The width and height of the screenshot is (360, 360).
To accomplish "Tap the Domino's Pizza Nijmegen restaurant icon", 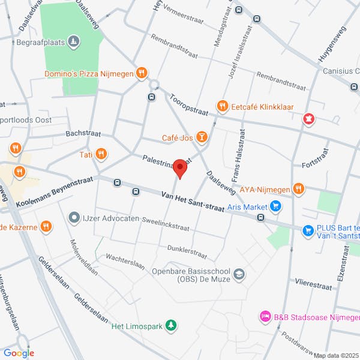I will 142,74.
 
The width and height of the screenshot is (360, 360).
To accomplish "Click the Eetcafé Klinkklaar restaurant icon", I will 222,106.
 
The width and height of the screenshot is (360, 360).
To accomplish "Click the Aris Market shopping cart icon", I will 276,207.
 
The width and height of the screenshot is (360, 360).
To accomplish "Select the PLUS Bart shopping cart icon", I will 308,230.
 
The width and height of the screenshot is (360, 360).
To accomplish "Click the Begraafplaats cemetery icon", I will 73,41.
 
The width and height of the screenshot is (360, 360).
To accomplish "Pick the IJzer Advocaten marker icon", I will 74,217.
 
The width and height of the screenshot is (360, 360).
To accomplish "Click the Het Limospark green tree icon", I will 172,326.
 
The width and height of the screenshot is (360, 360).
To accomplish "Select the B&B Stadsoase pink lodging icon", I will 264,316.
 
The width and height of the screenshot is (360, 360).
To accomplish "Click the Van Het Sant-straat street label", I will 193,202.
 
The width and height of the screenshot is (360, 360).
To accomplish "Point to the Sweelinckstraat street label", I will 165,224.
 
